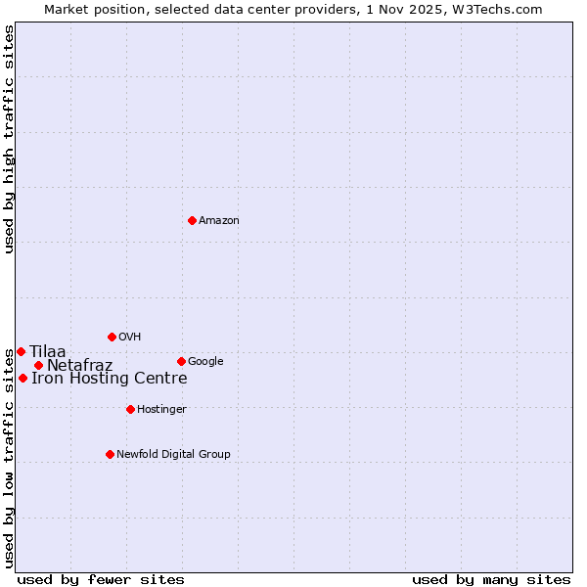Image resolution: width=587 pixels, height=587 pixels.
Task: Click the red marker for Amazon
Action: pyautogui.click(x=192, y=220)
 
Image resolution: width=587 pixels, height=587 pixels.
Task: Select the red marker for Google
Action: pyautogui.click(x=181, y=361)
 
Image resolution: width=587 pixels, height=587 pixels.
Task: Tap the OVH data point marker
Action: pyautogui.click(x=112, y=337)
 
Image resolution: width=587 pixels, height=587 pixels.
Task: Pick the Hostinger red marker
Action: pyautogui.click(x=130, y=409)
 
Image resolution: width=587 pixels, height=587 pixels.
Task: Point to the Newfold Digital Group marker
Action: pyautogui.click(x=110, y=454)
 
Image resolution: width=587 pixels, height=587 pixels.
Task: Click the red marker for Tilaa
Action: pyautogui.click(x=21, y=351)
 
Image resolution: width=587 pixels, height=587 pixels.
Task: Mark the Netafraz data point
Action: pyautogui.click(x=38, y=366)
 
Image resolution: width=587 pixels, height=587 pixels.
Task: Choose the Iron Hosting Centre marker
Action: pyautogui.click(x=23, y=378)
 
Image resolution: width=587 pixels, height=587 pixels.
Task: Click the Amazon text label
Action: pyautogui.click(x=219, y=221)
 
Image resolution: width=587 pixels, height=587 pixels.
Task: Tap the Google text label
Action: pyautogui.click(x=205, y=362)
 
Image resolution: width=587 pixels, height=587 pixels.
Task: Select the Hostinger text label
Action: pyautogui.click(x=161, y=410)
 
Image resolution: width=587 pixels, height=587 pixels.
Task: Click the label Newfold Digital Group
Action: pyautogui.click(x=173, y=455)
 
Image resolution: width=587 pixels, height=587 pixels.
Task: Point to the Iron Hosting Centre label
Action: pyautogui.click(x=109, y=379)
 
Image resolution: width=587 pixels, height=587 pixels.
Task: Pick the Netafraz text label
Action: pyautogui.click(x=79, y=366)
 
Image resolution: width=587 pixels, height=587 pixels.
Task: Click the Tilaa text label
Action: pyautogui.click(x=48, y=352)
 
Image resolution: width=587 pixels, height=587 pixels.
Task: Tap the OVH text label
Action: pyautogui.click(x=130, y=338)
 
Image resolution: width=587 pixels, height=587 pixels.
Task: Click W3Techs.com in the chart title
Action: pyautogui.click(x=503, y=9)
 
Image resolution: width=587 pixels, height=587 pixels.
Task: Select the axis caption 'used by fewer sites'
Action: pyautogui.click(x=101, y=579)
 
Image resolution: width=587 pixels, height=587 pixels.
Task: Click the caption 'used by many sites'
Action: pyautogui.click(x=491, y=579)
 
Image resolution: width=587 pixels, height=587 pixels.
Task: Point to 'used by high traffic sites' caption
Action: pyautogui.click(x=9, y=139)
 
